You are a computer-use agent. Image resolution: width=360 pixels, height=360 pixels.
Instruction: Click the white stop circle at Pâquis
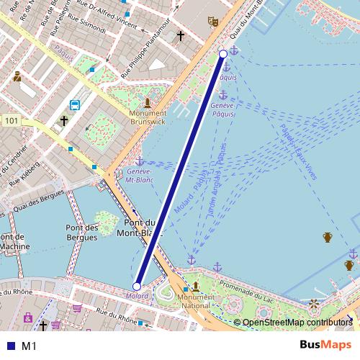click(x=223, y=54)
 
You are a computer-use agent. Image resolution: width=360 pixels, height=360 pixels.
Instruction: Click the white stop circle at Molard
click(x=137, y=287)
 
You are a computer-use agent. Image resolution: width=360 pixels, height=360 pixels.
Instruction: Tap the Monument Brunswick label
click(x=148, y=118)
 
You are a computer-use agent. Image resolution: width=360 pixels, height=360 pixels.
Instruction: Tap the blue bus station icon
click(x=74, y=105)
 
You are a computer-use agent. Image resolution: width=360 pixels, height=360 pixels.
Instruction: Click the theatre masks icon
click(x=212, y=22)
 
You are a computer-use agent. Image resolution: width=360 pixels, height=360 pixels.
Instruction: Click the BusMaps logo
click(x=325, y=345)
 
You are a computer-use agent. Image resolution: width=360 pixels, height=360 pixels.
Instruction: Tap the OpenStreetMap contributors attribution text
click(x=297, y=323)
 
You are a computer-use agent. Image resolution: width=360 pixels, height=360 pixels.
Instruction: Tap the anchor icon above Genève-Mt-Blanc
click(x=139, y=161)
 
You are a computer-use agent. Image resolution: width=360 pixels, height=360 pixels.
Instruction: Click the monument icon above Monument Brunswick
click(x=148, y=102)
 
